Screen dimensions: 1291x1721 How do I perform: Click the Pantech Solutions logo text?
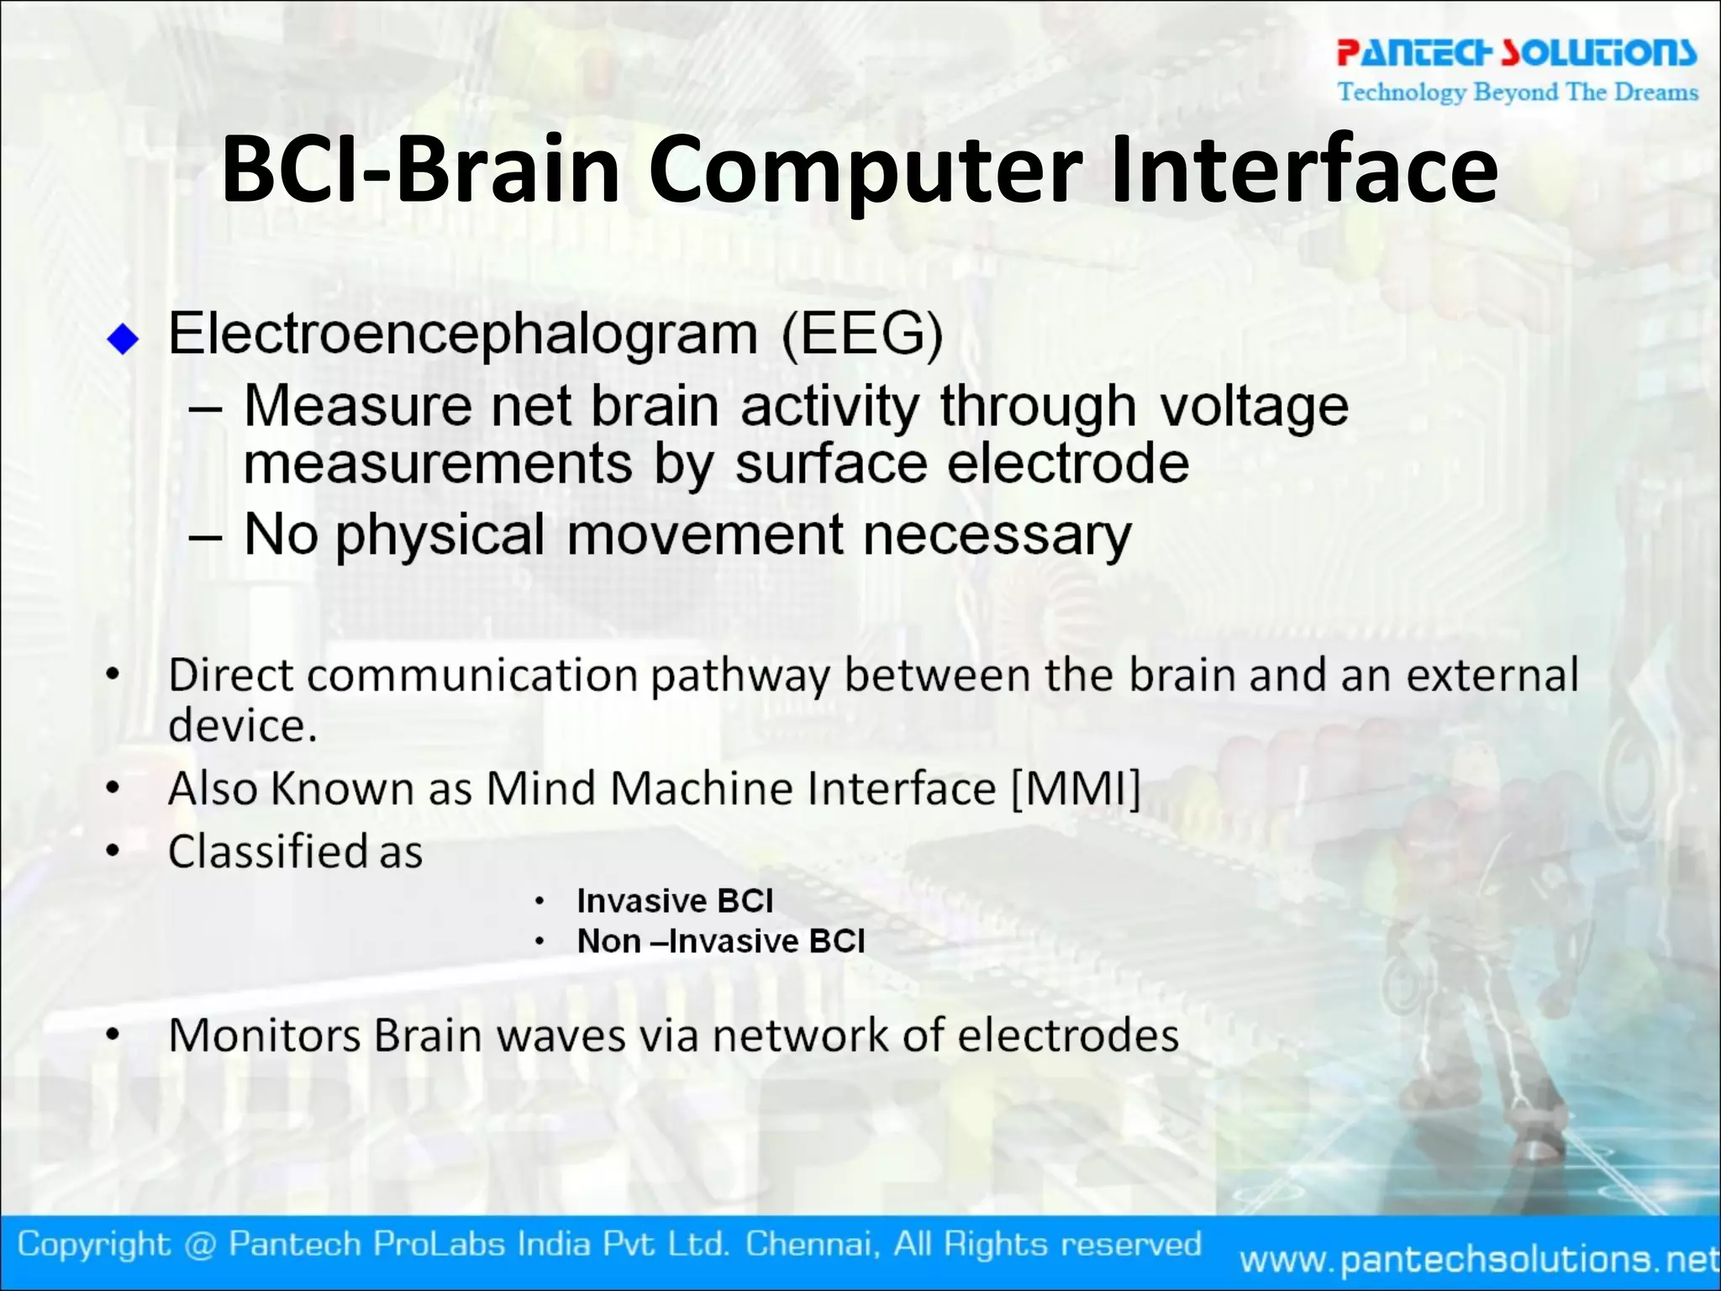1516,52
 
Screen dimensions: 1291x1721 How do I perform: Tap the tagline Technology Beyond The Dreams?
1518,92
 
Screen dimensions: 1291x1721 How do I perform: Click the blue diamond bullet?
124,339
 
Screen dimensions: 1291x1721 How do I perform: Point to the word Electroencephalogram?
463,335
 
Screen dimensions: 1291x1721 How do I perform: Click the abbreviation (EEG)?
862,335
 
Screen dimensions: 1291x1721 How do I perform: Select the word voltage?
1253,408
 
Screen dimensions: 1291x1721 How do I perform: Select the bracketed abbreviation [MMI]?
1076,789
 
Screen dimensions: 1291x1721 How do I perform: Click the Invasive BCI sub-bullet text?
675,901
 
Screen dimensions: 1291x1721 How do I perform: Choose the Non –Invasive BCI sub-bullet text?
720,941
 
